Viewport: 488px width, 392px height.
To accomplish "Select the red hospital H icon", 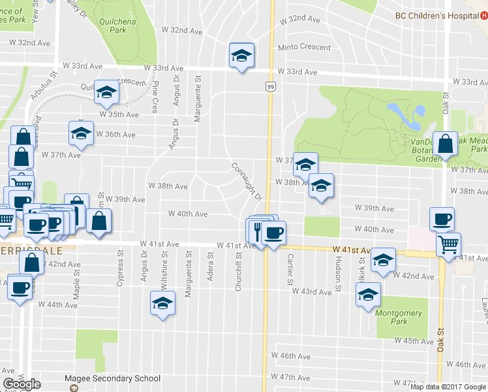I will (484, 16).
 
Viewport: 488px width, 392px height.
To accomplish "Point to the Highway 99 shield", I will (269, 86).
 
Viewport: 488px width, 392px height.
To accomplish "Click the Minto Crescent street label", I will (304, 48).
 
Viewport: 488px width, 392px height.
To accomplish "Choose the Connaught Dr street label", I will (245, 181).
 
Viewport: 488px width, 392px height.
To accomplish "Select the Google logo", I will (22, 384).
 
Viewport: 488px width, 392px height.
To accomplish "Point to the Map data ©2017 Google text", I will (448, 386).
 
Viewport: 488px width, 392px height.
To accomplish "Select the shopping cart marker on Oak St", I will (448, 244).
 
